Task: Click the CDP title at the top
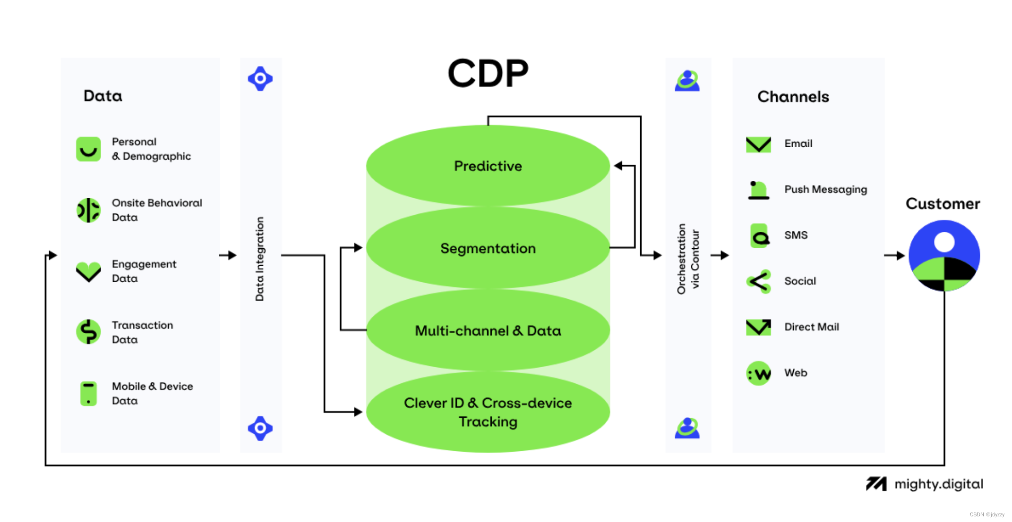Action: click(x=488, y=74)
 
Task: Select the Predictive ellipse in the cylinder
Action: click(x=488, y=166)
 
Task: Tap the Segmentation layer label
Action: click(x=488, y=248)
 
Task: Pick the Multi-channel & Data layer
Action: click(x=488, y=330)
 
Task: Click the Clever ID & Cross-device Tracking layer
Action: click(x=488, y=412)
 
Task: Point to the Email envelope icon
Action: click(x=758, y=144)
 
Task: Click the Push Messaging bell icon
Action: click(x=758, y=190)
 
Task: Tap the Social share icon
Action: click(x=759, y=282)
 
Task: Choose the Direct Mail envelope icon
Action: click(x=758, y=327)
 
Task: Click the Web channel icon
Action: click(x=759, y=373)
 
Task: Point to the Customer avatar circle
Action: click(x=943, y=256)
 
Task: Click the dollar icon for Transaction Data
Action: click(x=88, y=332)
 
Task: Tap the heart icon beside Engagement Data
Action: click(x=88, y=271)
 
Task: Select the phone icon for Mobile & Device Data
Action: click(x=88, y=393)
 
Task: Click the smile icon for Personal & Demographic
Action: click(x=88, y=149)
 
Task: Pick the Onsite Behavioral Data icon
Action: click(x=88, y=210)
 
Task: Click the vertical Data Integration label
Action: click(x=259, y=259)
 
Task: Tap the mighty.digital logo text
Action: click(x=938, y=484)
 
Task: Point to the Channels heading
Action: click(x=793, y=97)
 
